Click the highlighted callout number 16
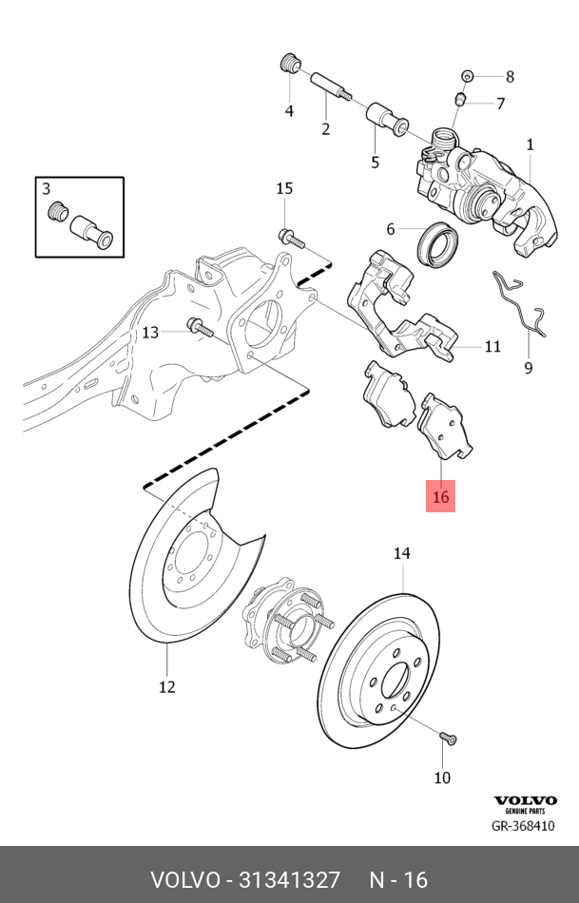pos(440,496)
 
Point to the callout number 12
pos(166,686)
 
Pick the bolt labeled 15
pos(288,238)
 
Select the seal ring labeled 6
pos(437,243)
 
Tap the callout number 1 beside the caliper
pos(530,144)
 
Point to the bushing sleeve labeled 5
pos(388,121)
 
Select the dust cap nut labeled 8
pos(467,75)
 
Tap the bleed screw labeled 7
pos(460,99)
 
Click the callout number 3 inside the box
pos(47,188)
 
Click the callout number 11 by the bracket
pos(492,347)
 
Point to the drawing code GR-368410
pos(522,826)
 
